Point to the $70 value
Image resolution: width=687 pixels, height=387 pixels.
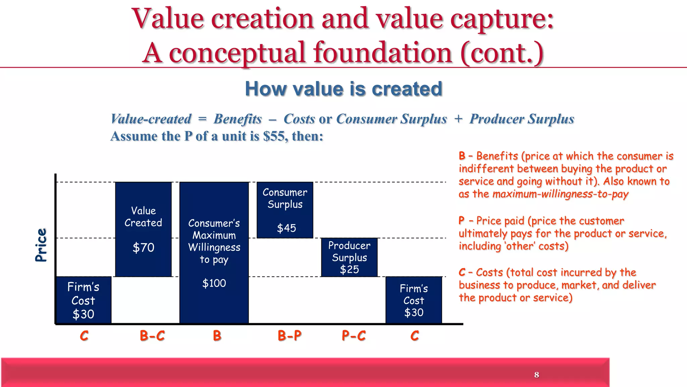pos(143,248)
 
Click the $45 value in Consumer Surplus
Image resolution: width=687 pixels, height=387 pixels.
pos(286,228)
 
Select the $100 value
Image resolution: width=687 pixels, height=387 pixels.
pos(214,283)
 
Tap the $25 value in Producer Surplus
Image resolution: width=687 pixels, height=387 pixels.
pos(349,269)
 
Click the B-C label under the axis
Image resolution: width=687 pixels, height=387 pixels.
pos(152,336)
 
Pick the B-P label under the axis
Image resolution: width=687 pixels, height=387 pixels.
pos(289,336)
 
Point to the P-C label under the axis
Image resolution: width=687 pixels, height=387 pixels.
pos(354,336)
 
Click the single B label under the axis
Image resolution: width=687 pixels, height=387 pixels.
pos(217,336)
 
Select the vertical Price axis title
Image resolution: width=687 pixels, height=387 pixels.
pos(41,245)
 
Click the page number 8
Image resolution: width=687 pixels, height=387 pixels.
pos(536,375)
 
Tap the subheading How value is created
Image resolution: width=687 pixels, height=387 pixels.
pos(343,89)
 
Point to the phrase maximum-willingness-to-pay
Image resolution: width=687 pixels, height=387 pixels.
pos(560,194)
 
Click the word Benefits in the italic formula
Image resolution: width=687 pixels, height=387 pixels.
pos(237,119)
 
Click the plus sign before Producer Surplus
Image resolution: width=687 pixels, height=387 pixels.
pos(458,119)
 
